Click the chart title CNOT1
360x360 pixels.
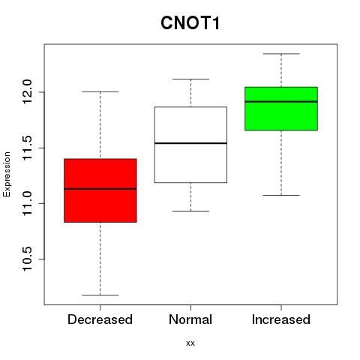click(190, 23)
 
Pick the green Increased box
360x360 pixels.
click(281, 109)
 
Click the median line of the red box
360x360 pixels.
click(100, 189)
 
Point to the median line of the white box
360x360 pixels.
click(190, 143)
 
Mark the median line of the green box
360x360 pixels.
click(281, 102)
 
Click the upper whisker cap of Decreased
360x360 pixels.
click(100, 91)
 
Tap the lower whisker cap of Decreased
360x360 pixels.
click(100, 295)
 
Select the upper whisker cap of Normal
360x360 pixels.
click(190, 79)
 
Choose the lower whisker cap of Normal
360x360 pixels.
click(190, 211)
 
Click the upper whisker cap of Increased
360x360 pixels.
click(281, 54)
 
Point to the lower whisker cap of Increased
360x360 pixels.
click(281, 195)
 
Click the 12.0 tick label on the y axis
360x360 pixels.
click(27, 92)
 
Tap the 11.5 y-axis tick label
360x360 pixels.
click(27, 148)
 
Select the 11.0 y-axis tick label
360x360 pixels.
click(27, 204)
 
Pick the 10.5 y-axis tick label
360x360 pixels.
click(27, 259)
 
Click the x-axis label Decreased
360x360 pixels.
click(100, 319)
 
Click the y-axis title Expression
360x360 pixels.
click(7, 174)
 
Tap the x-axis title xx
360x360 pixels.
click(190, 343)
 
